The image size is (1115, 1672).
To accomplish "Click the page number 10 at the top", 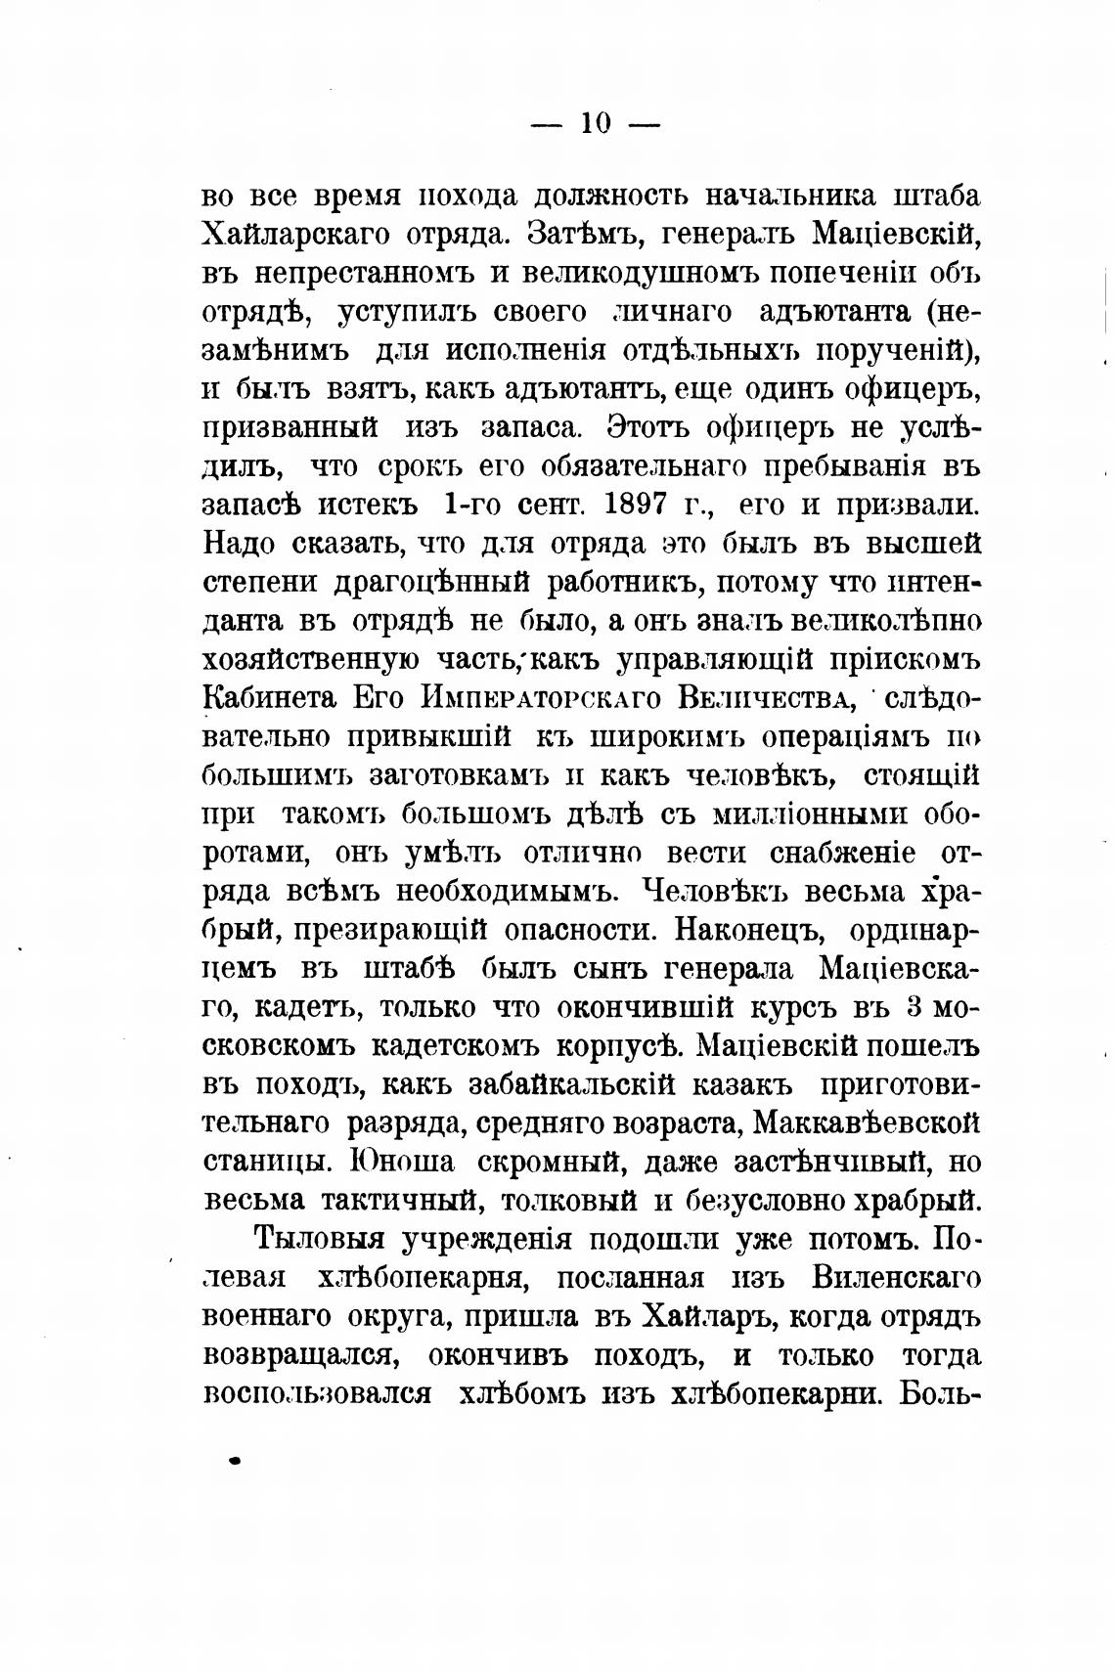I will [x=596, y=123].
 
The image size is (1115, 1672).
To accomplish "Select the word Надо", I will [x=239, y=543].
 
